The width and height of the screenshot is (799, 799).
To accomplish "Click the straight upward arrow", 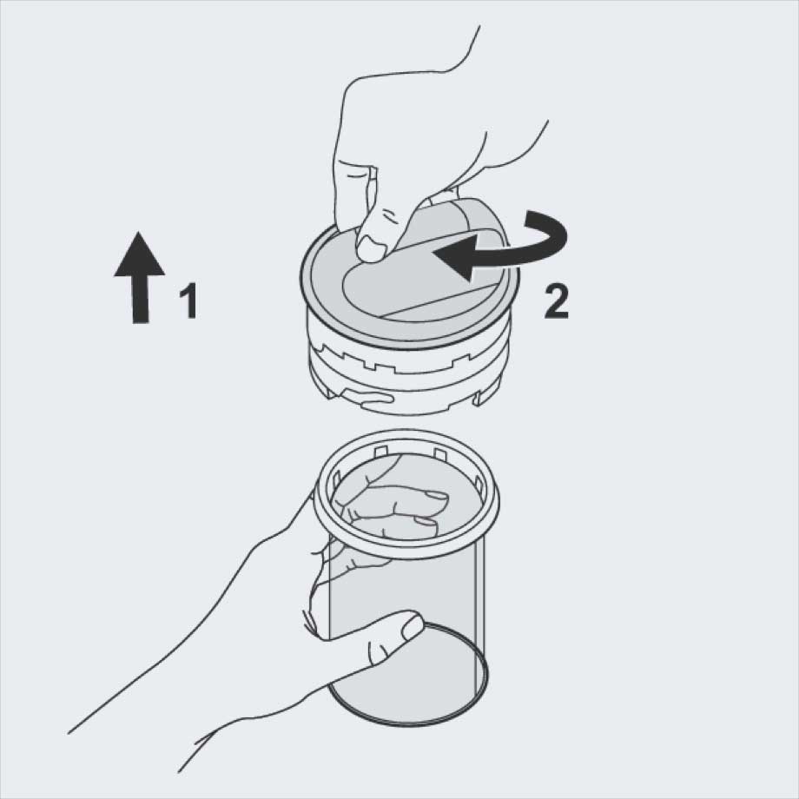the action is [x=139, y=278].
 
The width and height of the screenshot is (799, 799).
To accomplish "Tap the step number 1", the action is [x=188, y=301].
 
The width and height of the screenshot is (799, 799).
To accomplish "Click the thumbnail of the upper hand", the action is [x=371, y=251].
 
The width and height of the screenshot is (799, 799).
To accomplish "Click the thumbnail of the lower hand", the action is [x=412, y=628].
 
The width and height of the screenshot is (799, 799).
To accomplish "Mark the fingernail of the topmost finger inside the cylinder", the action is [x=436, y=498].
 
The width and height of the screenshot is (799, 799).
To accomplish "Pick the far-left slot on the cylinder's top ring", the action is [x=336, y=479].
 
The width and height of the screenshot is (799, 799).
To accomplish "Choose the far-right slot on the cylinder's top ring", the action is [x=477, y=480].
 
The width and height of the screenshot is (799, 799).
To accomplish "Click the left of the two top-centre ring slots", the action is [x=380, y=451].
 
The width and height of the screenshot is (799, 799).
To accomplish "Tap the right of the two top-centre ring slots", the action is [x=439, y=453].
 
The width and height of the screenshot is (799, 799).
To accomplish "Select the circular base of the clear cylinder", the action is [x=407, y=677].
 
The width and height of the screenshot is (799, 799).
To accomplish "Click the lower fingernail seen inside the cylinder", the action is [x=426, y=521].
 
